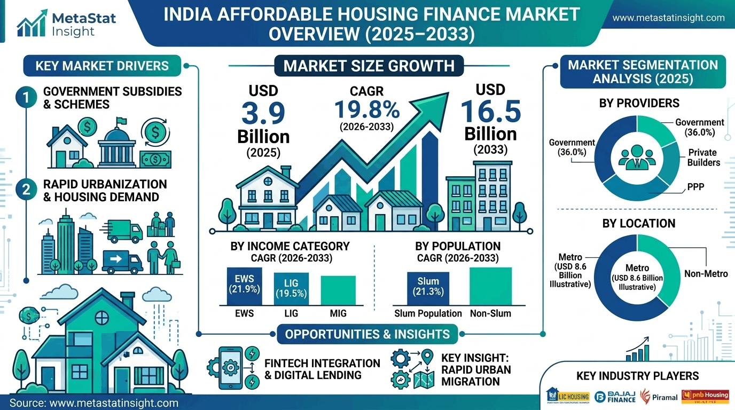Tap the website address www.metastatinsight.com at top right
point(668,18)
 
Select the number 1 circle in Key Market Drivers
point(25,98)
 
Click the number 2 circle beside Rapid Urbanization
point(25,191)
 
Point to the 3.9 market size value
point(263,114)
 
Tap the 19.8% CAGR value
point(367,110)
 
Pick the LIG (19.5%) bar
point(291,289)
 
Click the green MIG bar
point(338,290)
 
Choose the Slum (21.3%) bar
point(428,288)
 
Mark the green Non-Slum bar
point(490,286)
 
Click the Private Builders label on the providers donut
point(703,157)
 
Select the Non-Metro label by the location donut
point(706,274)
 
